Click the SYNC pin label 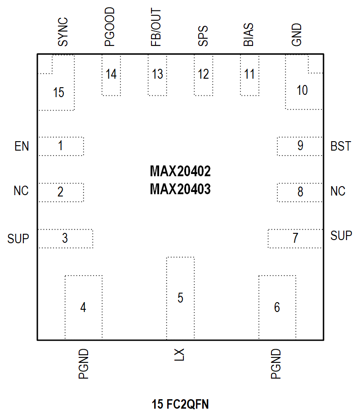tap(63, 32)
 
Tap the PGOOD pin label tap(109, 27)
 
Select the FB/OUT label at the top tap(156, 28)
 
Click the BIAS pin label tap(249, 35)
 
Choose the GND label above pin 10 tap(296, 35)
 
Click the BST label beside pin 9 tap(340, 147)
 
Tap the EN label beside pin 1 tap(22, 147)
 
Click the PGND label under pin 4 tap(84, 364)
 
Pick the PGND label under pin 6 tap(276, 364)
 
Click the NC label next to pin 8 tap(338, 192)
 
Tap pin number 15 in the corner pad tap(58, 93)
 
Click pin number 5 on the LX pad tap(180, 298)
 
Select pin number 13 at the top tap(157, 74)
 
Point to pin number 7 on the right tap(295, 238)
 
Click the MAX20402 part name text tap(180, 171)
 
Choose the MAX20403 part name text tap(180, 190)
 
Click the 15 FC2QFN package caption tap(180, 405)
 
